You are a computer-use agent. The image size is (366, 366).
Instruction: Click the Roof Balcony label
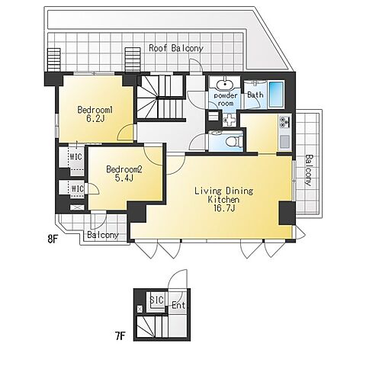tap(176, 48)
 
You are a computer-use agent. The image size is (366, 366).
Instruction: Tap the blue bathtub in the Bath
tap(276, 94)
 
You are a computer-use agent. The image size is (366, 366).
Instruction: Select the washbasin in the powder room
tap(224, 85)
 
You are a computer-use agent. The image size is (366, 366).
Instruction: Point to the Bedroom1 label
tap(95, 110)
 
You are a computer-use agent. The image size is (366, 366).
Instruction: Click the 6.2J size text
tap(95, 119)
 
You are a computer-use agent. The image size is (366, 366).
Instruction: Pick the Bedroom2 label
tap(124, 169)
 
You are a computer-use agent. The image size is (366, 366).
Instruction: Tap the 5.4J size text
tap(124, 178)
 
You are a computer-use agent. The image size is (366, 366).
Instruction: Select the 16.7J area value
tap(223, 208)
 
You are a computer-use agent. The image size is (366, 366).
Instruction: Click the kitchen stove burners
tap(284, 124)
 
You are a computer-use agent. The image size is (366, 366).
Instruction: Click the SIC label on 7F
tap(157, 300)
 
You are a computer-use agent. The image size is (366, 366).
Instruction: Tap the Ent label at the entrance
tap(178, 305)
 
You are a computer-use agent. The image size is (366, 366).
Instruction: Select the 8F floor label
tap(53, 239)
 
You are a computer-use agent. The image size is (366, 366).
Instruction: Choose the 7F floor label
tap(120, 336)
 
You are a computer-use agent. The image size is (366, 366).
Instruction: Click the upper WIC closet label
tap(76, 156)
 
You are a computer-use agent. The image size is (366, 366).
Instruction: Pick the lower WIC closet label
tap(78, 189)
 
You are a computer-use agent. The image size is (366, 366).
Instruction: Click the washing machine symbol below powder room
tap(230, 119)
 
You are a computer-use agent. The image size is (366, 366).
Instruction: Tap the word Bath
tap(255, 95)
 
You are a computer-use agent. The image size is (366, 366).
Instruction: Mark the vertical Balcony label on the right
tap(308, 170)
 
